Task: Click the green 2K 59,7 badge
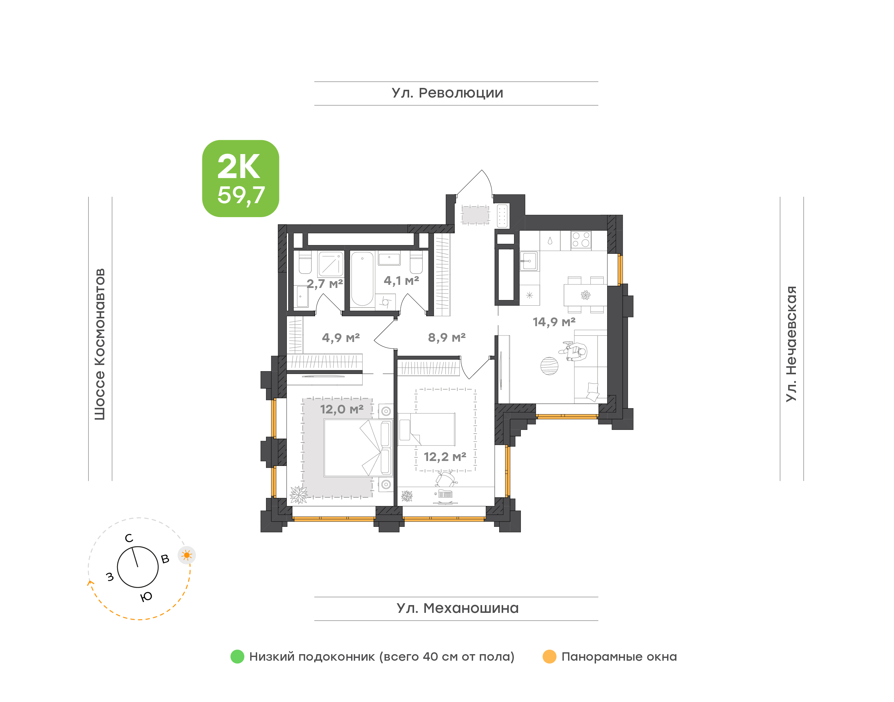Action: pos(240,178)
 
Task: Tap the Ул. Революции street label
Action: pos(447,93)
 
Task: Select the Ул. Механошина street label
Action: pos(458,608)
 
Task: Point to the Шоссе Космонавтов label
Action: pos(100,344)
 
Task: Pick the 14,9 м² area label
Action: pos(554,322)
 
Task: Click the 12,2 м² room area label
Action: pos(445,457)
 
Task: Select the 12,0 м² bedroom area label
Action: pos(342,409)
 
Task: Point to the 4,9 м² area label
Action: pos(341,338)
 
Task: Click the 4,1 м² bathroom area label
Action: pos(401,281)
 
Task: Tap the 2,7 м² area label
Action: pos(325,284)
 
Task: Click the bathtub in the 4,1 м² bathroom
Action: pos(362,279)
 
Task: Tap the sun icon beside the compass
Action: pos(187,555)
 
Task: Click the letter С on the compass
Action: pos(129,538)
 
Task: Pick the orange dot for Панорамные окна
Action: pos(549,656)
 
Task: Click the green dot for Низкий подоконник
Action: pos(237,656)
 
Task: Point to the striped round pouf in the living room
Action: pos(549,366)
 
